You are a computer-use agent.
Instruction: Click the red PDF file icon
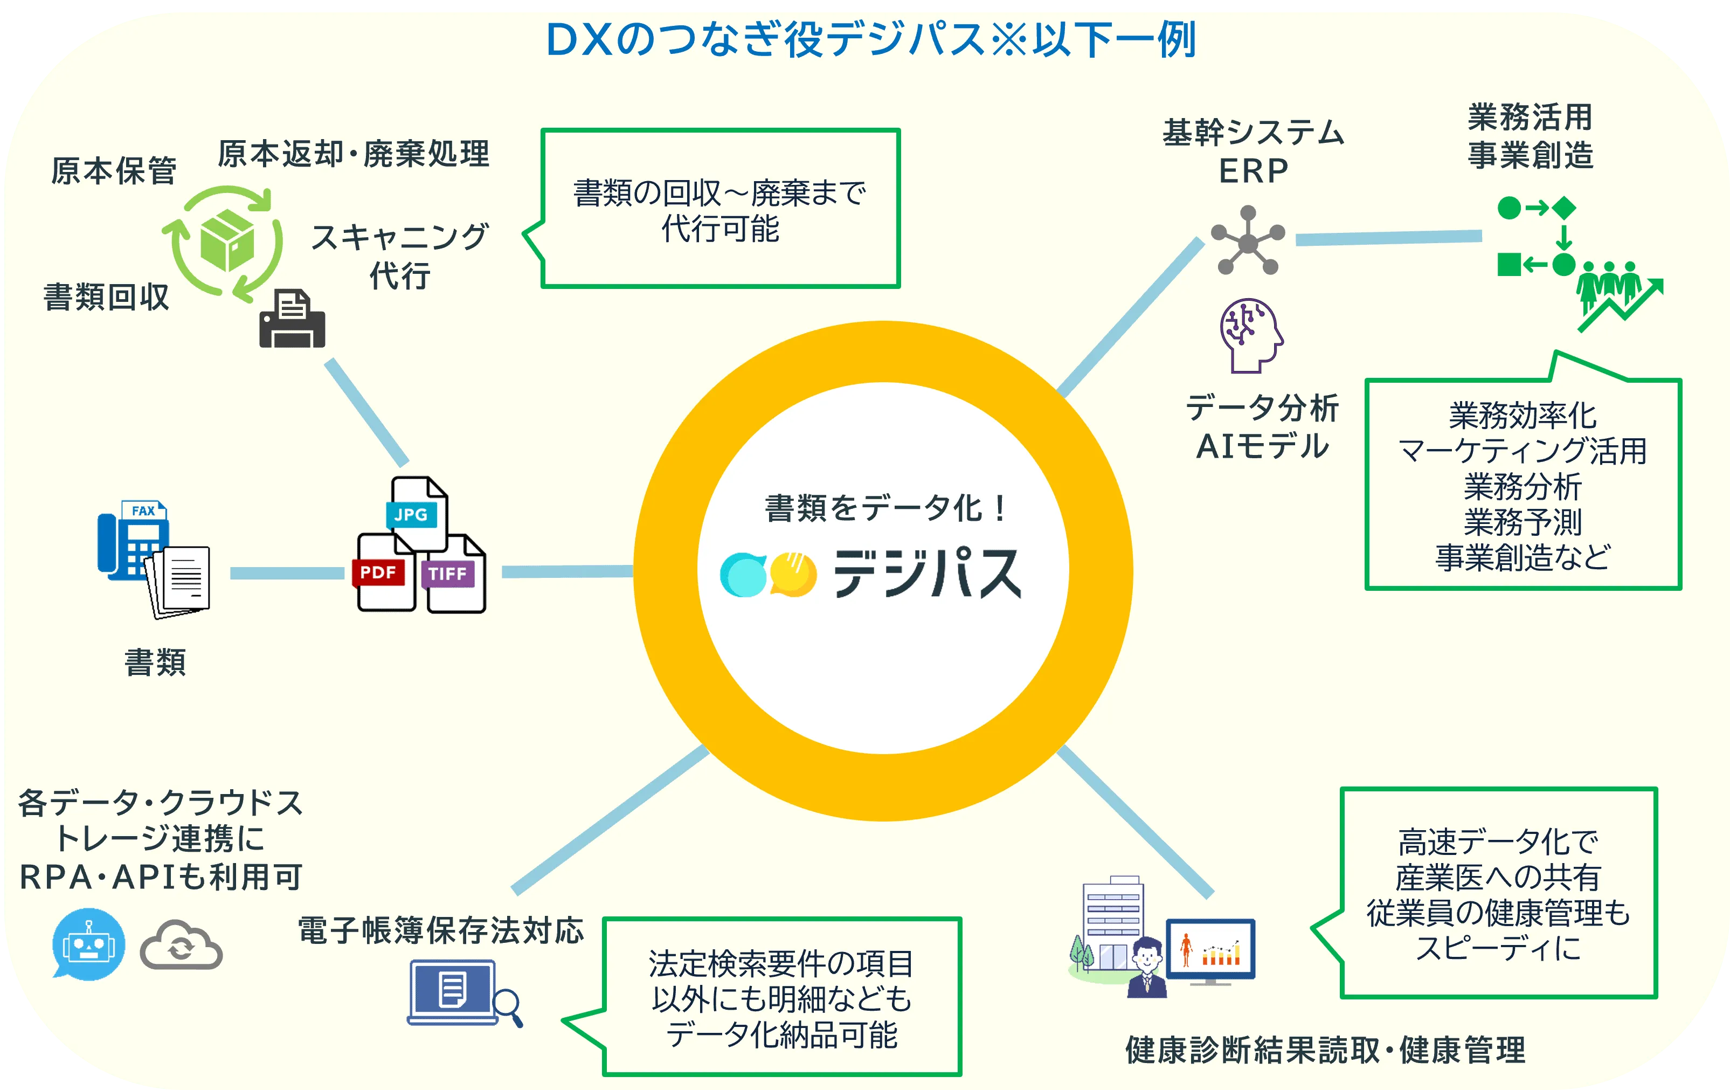(384, 572)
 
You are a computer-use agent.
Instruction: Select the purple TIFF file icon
(454, 574)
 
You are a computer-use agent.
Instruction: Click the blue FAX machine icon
(134, 540)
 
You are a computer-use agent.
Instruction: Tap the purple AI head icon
(1251, 335)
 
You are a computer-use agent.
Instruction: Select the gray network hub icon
(1248, 241)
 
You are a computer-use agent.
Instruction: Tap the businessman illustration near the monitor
(1147, 967)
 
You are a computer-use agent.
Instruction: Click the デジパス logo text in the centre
(928, 572)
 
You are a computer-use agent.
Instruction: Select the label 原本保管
(114, 171)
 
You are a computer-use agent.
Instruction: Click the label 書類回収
(106, 296)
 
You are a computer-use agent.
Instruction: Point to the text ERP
(1254, 171)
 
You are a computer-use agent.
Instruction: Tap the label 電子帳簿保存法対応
(441, 930)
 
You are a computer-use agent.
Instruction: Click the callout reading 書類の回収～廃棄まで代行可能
(720, 209)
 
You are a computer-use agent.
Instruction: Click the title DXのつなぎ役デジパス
(766, 39)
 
